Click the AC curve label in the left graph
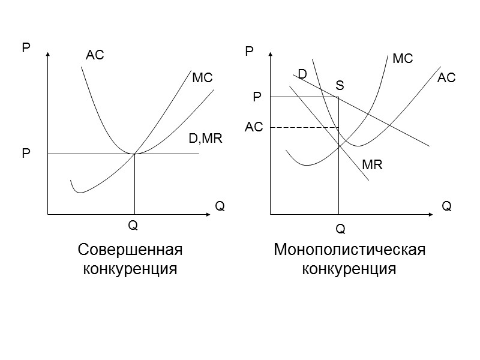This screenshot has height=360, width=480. click(x=95, y=56)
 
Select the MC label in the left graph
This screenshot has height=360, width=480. click(x=202, y=79)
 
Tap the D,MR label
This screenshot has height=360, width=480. click(x=206, y=139)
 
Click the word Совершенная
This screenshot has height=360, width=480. click(x=130, y=249)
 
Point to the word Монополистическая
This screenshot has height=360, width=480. click(x=349, y=249)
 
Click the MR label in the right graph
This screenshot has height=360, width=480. click(x=372, y=164)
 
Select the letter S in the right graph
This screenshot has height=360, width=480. click(x=340, y=86)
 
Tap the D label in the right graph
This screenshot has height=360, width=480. click(x=302, y=74)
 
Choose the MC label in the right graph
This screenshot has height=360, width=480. click(x=403, y=59)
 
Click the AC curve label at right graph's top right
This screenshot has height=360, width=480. click(x=446, y=78)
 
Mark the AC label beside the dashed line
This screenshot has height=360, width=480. click(x=254, y=128)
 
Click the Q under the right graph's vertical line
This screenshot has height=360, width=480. click(x=340, y=229)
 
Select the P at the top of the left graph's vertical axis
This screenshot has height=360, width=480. click(x=26, y=47)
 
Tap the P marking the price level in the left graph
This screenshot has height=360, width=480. click(x=26, y=154)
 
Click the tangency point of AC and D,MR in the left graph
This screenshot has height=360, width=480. click(x=134, y=154)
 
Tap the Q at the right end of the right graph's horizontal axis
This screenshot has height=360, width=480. click(x=446, y=206)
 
